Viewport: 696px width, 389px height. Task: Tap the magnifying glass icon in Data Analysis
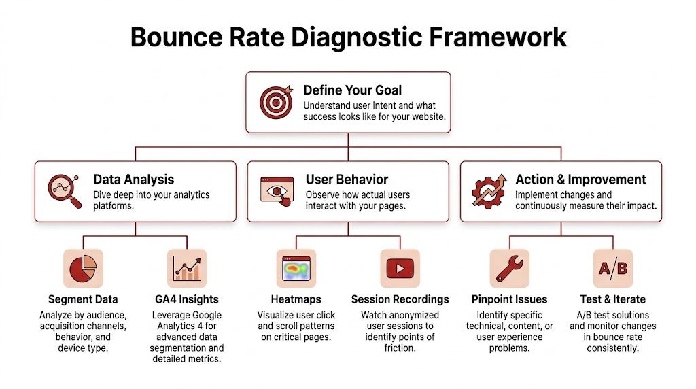tap(63, 191)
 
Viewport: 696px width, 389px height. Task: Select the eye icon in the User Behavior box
tap(277, 191)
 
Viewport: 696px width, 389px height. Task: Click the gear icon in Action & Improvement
tap(490, 191)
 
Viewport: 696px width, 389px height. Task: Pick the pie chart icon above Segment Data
tap(83, 268)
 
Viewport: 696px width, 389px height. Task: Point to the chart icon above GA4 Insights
tap(186, 268)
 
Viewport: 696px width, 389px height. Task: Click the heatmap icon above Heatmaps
tap(296, 268)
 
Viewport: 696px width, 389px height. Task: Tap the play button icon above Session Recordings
tap(400, 268)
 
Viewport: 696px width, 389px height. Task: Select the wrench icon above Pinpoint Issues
tap(509, 268)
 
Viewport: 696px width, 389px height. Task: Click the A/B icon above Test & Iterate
tap(612, 268)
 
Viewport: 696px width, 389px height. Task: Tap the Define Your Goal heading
tap(352, 90)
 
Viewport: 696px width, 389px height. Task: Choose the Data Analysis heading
tap(134, 180)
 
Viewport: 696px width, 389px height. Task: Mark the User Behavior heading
tap(347, 180)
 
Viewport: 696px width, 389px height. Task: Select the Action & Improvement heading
tap(580, 180)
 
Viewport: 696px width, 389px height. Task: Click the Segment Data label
tap(83, 299)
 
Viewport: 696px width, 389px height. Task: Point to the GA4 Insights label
tap(187, 299)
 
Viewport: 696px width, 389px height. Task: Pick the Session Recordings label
tap(400, 299)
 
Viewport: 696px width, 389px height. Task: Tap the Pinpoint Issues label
tap(509, 299)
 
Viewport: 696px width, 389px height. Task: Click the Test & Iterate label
tap(612, 299)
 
